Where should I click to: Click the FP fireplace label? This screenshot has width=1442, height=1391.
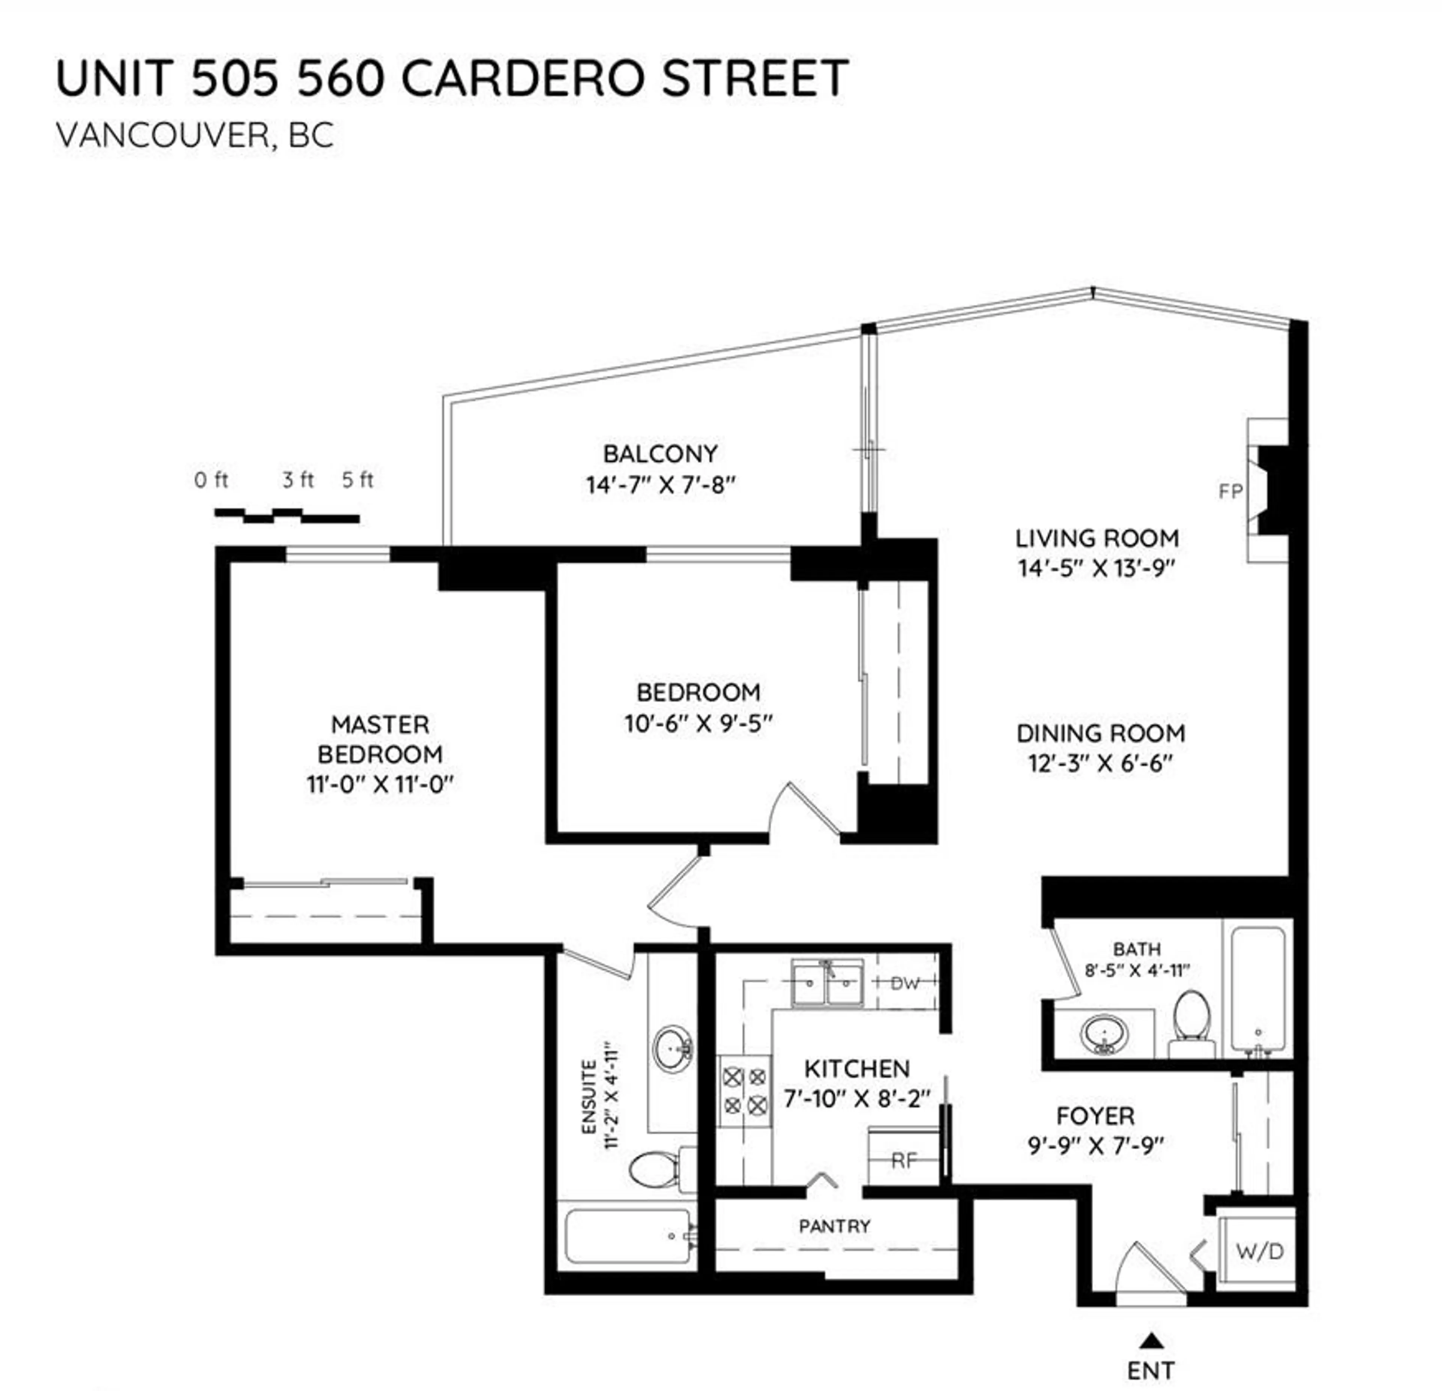click(x=1230, y=491)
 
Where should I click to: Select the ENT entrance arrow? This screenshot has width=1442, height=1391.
click(x=1153, y=1340)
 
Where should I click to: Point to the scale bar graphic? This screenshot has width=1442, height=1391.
click(x=287, y=515)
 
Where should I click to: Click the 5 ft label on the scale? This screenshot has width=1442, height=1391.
click(x=357, y=480)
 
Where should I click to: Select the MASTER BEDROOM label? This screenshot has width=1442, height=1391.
click(x=380, y=739)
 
